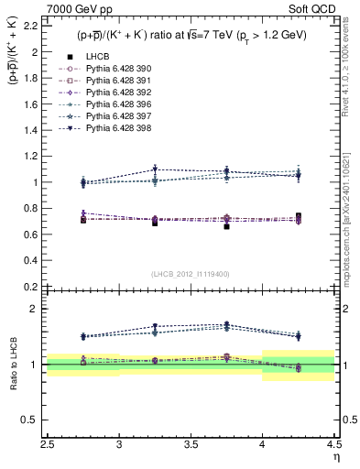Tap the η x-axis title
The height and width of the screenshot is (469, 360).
(x=336, y=456)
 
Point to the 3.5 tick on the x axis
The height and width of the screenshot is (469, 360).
(x=191, y=443)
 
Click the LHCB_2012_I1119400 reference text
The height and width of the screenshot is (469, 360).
(x=190, y=274)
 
